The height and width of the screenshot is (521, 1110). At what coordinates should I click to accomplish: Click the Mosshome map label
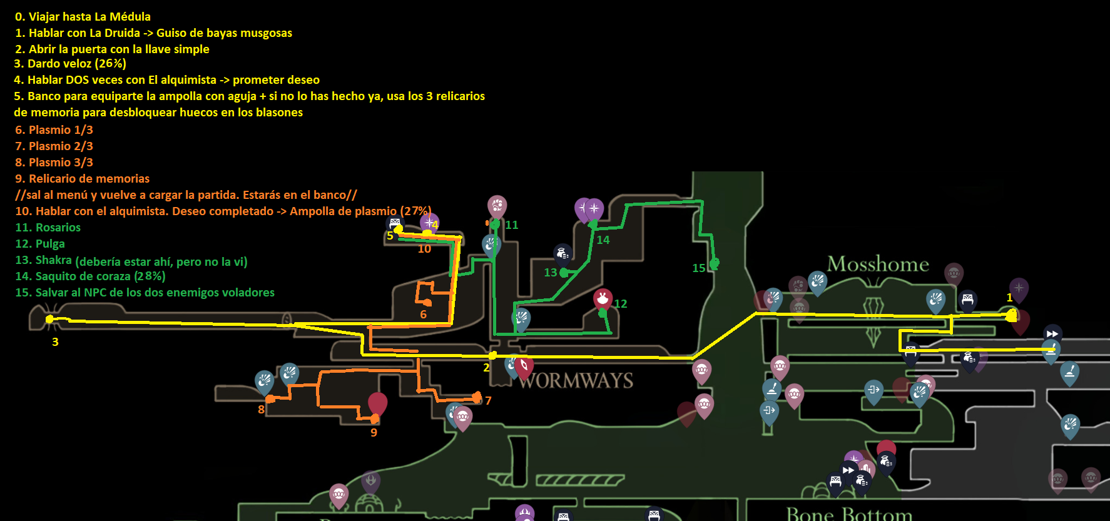878,264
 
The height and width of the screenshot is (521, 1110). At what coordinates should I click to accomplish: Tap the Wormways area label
576,380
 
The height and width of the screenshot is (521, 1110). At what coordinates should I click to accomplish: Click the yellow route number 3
55,342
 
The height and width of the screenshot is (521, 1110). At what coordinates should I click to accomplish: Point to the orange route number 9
374,432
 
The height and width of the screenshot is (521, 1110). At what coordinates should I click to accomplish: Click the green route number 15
698,268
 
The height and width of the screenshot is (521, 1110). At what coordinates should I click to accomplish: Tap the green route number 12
620,304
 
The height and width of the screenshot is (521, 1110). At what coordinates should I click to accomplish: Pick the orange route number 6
423,315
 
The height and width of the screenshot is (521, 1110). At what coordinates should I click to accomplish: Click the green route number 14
603,240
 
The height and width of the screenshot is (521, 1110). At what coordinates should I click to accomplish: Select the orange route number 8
261,410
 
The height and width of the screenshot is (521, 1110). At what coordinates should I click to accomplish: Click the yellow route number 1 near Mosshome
1009,298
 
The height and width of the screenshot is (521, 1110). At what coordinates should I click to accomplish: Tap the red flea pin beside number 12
603,298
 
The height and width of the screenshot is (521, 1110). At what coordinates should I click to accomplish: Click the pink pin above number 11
497,205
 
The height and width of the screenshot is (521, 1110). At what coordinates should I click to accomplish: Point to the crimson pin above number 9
377,403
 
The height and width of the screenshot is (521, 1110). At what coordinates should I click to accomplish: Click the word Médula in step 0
130,17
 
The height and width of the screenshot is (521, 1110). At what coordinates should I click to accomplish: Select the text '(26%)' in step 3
110,64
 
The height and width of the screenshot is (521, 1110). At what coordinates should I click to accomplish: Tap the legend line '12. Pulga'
40,244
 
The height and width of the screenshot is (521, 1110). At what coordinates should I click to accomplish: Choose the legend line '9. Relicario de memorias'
82,179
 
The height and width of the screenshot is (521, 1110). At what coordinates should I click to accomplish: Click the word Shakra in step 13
53,260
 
